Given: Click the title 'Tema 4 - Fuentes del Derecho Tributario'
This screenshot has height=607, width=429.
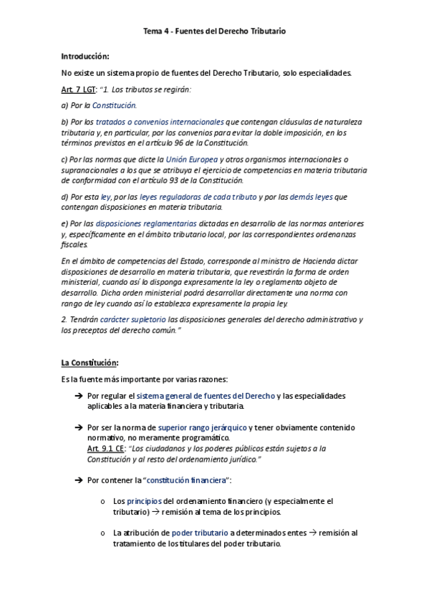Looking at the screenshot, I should coord(215,31).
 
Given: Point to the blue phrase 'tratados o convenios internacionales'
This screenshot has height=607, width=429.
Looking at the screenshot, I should coord(160,122).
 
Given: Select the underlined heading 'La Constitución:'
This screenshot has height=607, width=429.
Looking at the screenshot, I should coord(90,363).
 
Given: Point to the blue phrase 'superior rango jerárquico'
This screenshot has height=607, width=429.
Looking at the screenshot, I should coord(202,428).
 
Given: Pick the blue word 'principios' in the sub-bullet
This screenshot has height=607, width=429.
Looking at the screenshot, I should coord(145,502).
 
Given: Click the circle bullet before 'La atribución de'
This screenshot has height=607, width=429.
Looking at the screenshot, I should coord(104,533).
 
